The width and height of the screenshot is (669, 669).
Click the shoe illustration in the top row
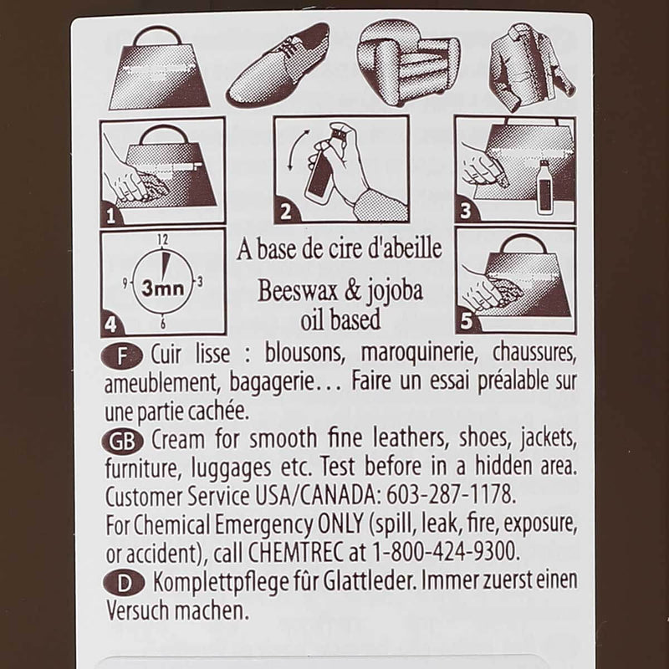pos(279,66)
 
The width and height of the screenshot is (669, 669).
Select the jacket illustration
pos(530,66)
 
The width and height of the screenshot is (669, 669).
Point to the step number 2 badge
pos(286,212)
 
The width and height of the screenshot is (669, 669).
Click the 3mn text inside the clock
pos(162,288)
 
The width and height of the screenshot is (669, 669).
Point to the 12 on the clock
pos(162,240)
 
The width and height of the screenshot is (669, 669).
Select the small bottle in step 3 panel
pos(544,186)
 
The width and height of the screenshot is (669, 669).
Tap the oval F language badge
pos(122,356)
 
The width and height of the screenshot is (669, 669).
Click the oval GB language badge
pos(122,442)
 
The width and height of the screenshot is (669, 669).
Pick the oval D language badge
pos(124,583)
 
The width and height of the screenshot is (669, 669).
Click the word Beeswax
pos(298,290)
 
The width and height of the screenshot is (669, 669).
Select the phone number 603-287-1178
pos(451,495)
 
